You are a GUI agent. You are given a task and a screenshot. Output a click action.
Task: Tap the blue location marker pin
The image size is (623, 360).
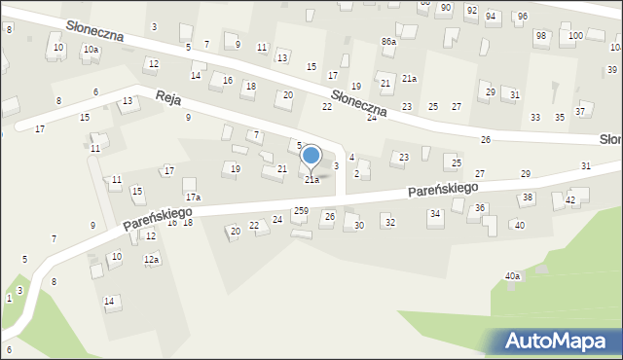(311, 156)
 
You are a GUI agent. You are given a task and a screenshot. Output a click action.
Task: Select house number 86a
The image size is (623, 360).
(388, 42)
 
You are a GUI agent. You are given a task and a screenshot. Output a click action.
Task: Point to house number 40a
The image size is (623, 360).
(512, 275)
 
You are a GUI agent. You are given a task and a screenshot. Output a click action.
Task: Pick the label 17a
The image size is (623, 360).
(194, 198)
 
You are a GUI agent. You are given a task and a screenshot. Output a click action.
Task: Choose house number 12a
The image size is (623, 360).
(151, 260)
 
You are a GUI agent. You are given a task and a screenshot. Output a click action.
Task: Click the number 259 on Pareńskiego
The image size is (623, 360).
(302, 211)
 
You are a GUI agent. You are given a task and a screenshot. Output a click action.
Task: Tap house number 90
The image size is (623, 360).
(445, 7)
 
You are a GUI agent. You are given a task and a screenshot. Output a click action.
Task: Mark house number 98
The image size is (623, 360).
(540, 36)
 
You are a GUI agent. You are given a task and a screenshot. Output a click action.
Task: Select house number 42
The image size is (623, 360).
(571, 199)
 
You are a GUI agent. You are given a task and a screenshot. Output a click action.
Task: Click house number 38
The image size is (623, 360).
(527, 198)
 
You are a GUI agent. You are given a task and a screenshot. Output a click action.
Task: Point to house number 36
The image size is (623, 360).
(480, 208)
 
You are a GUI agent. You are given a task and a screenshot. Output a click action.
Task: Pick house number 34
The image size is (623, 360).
(435, 213)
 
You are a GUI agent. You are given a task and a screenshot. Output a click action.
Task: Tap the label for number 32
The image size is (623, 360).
(389, 223)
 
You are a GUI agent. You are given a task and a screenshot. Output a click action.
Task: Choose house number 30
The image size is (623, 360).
(358, 225)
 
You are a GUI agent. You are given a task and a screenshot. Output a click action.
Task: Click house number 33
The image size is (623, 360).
(535, 118)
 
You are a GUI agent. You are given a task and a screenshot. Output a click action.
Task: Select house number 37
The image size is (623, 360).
(580, 111)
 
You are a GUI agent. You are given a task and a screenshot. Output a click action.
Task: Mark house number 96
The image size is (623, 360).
(522, 17)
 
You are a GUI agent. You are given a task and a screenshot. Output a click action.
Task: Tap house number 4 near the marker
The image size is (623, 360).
(351, 157)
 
